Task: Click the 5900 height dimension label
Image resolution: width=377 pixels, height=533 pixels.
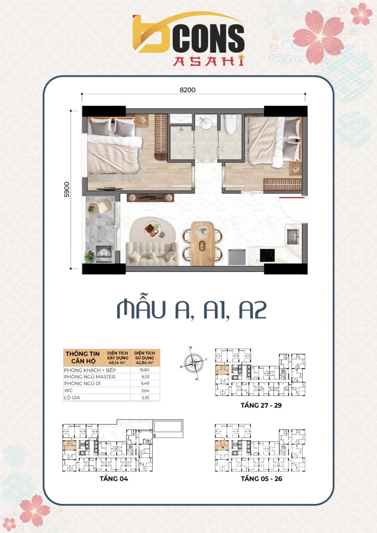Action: click(x=67, y=189)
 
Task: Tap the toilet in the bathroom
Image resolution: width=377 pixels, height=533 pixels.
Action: click(x=230, y=124)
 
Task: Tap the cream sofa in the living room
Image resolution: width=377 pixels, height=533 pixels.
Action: click(x=152, y=253)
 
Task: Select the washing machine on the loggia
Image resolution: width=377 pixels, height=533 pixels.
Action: click(x=103, y=253)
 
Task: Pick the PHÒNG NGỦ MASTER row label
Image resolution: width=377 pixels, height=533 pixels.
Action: click(x=90, y=377)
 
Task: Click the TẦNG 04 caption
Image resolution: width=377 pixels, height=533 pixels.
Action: click(x=114, y=479)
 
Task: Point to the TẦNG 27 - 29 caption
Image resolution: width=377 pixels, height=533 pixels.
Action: click(x=261, y=405)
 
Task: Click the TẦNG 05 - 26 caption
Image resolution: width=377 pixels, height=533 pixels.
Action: click(x=261, y=479)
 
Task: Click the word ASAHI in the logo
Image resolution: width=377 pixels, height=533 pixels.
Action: click(x=209, y=61)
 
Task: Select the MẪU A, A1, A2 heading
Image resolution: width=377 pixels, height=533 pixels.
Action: click(x=191, y=310)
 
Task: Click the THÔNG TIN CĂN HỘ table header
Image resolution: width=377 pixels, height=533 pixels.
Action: click(x=83, y=357)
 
